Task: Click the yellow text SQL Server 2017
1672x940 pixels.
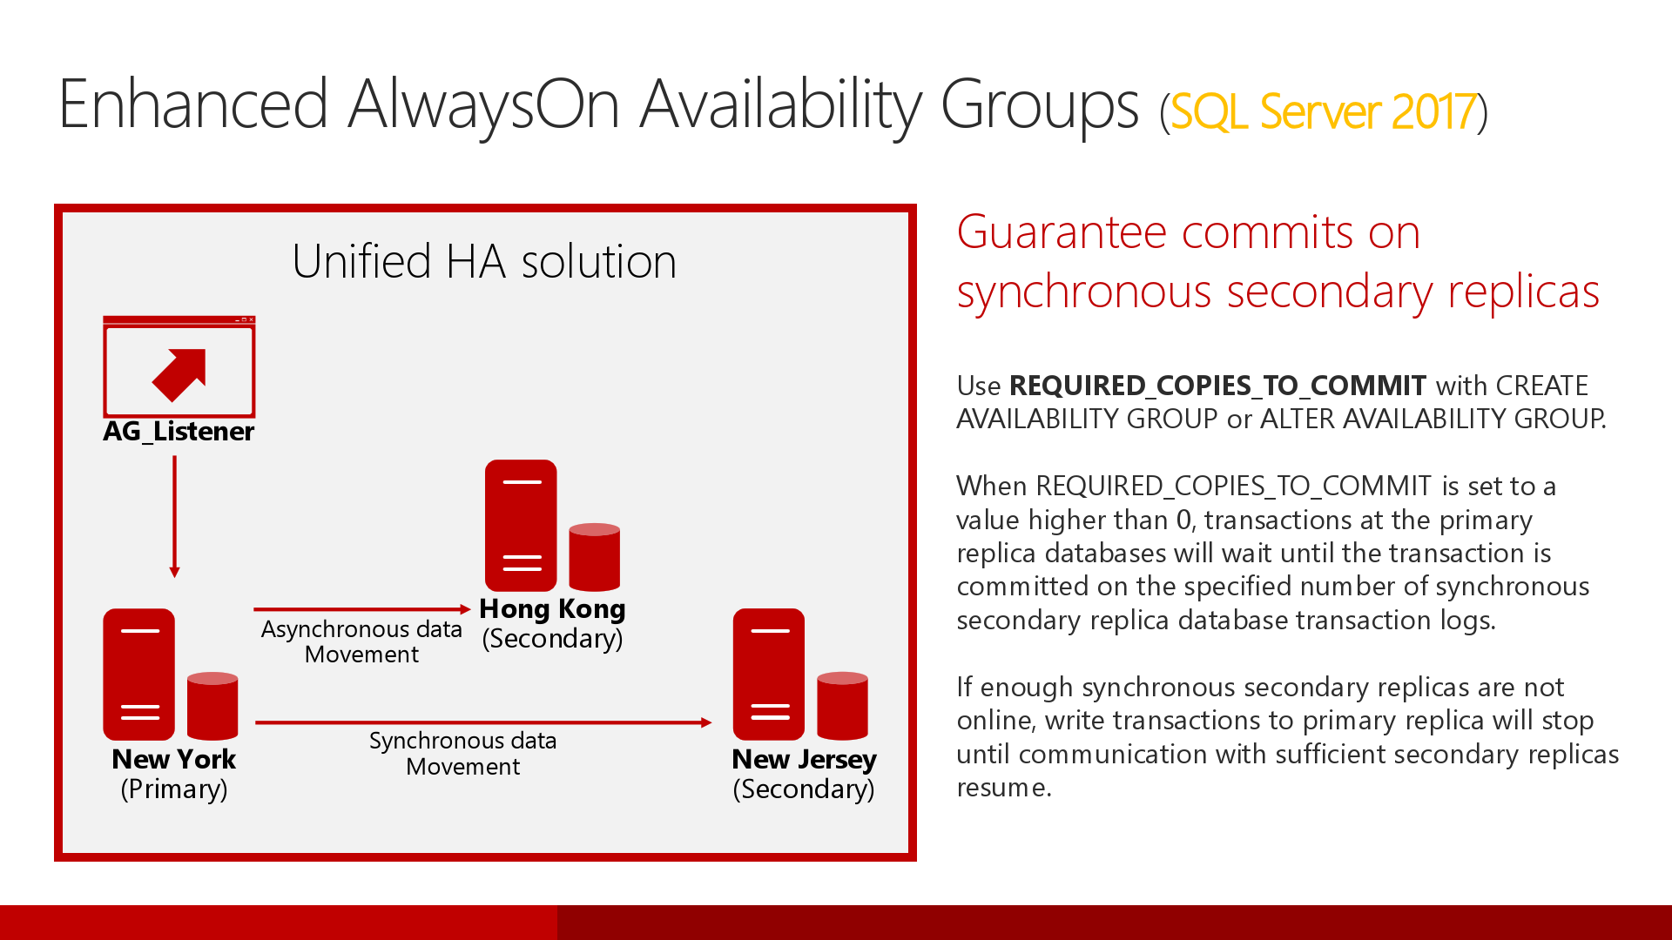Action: (x=1323, y=112)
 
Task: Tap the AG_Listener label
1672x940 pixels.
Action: (x=179, y=432)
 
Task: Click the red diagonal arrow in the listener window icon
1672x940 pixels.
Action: (x=181, y=374)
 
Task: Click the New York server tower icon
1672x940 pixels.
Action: (x=139, y=674)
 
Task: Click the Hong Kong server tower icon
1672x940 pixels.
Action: (x=521, y=526)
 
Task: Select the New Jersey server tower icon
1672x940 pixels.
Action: (x=769, y=674)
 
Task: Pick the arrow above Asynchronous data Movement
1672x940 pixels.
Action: (x=361, y=609)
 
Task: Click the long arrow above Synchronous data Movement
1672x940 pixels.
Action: (x=483, y=722)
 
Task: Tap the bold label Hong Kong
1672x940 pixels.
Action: (x=552, y=608)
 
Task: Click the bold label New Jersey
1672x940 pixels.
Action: (x=804, y=759)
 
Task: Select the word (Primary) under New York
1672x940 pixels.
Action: (x=174, y=789)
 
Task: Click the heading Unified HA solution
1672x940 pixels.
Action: (x=484, y=261)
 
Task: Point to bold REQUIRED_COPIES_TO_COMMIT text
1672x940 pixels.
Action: (x=1217, y=386)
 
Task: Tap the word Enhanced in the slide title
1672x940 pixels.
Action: (x=193, y=104)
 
